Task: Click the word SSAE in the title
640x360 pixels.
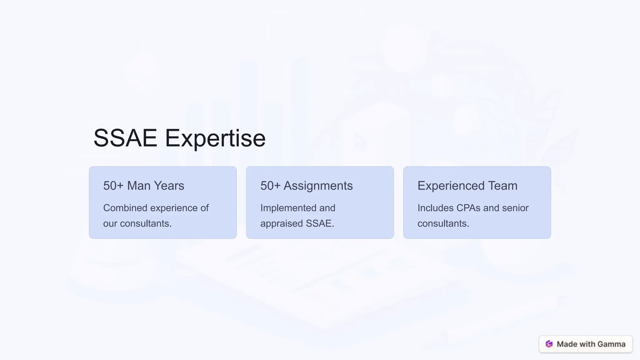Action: (x=125, y=138)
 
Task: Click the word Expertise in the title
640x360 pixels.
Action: (x=215, y=138)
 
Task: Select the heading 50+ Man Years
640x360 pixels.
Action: (x=143, y=186)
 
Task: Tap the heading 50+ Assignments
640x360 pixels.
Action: (x=306, y=186)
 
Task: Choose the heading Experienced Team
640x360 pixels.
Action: (x=467, y=186)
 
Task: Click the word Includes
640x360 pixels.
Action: (x=435, y=208)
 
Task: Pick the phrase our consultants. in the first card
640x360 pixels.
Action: (x=137, y=223)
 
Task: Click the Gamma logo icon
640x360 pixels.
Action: (x=549, y=344)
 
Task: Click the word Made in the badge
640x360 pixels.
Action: (x=567, y=344)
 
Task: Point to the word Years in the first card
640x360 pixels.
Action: (x=169, y=186)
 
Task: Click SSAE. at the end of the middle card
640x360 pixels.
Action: (x=320, y=223)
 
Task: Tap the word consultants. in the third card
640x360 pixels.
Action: (x=443, y=223)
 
